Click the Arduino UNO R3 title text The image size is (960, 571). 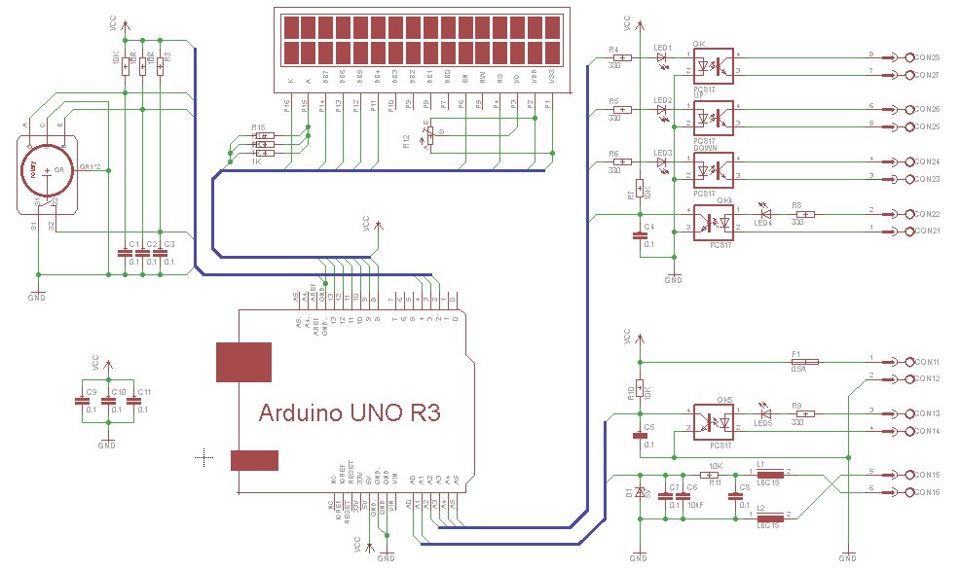tap(350, 412)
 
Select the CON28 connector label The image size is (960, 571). tap(926, 57)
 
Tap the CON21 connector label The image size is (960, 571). tap(926, 232)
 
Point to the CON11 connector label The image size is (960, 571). tap(926, 361)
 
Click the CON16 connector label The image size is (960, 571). tap(926, 492)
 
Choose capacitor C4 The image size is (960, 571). tap(640, 234)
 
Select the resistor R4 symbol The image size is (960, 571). tap(623, 57)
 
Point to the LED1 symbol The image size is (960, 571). tap(662, 57)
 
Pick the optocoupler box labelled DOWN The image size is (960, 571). tap(714, 171)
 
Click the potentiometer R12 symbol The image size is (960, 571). tap(429, 138)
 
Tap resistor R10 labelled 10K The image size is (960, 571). tap(639, 388)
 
